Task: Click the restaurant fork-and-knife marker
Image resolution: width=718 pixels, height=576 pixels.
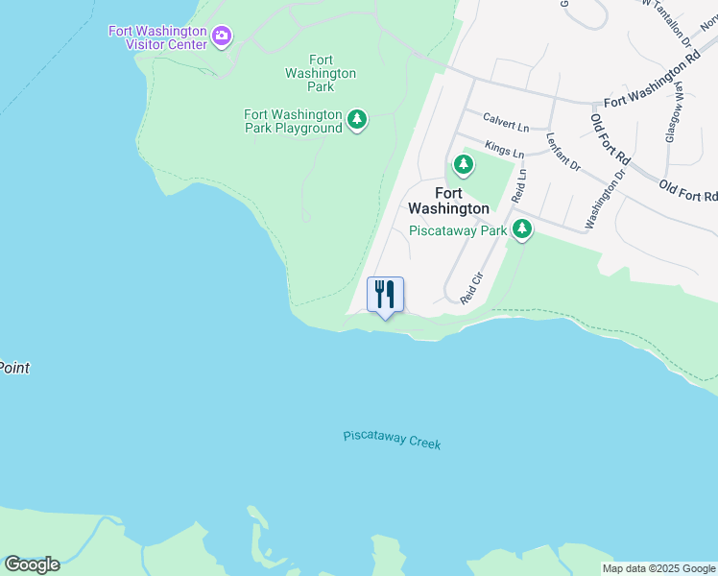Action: point(385,294)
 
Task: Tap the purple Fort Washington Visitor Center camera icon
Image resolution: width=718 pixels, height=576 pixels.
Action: point(223,36)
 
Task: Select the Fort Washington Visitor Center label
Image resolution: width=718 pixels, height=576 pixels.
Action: point(157,37)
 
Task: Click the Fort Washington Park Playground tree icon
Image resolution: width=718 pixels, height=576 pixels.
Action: point(357,119)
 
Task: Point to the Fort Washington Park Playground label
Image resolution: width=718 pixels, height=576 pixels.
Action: point(293,121)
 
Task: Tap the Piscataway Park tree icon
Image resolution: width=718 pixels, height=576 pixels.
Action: point(522,228)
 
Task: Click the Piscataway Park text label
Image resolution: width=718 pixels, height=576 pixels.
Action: point(457,230)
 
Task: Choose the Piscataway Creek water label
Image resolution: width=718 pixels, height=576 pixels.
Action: point(392,440)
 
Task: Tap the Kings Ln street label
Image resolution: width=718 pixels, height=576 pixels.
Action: point(505,151)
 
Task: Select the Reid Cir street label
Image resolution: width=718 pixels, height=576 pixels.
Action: point(471,288)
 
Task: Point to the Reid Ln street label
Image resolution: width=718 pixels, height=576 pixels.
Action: point(520,185)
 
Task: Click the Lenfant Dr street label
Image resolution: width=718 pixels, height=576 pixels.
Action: point(562,151)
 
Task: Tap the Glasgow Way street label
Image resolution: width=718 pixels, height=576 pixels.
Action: point(673,112)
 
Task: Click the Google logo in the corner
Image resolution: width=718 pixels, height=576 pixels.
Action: point(32,564)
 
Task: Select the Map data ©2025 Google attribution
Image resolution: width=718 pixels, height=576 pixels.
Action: point(659,568)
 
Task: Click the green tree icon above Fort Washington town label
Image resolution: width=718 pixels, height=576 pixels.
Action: point(464,165)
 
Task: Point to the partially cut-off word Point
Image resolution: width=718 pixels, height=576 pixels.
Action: point(13,368)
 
